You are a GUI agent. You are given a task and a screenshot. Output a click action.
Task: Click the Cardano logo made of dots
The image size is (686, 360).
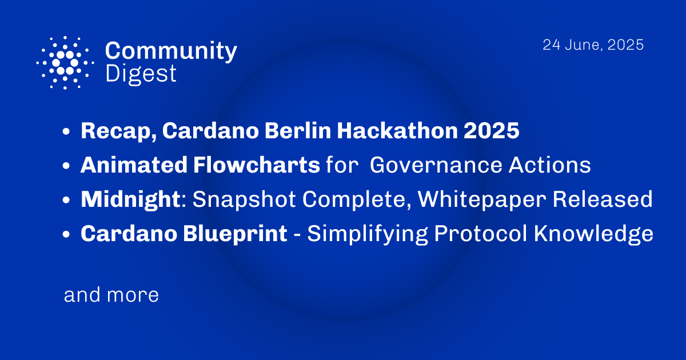pyautogui.click(x=65, y=62)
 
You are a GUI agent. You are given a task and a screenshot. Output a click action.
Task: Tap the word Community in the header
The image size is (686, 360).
pyautogui.click(x=171, y=51)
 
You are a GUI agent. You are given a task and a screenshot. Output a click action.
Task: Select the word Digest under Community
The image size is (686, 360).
pyautogui.click(x=141, y=74)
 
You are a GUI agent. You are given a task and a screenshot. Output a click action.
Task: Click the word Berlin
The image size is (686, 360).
pyautogui.click(x=291, y=131)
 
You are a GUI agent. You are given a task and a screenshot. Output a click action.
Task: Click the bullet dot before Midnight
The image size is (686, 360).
pyautogui.click(x=67, y=201)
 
